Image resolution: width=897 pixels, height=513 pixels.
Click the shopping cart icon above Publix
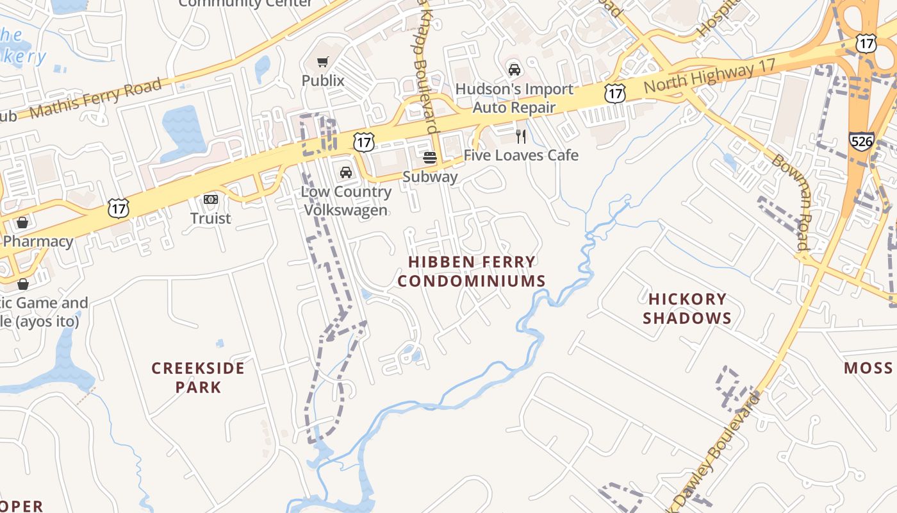[323, 62]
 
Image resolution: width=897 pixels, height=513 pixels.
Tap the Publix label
[323, 81]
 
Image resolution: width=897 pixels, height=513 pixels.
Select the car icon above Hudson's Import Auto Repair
[514, 69]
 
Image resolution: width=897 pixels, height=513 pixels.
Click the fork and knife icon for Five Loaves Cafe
[521, 136]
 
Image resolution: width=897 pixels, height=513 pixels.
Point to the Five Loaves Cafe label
[521, 155]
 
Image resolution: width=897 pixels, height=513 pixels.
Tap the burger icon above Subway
[430, 157]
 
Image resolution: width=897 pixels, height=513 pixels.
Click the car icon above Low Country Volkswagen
[346, 172]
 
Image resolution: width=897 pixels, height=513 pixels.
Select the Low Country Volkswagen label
[346, 201]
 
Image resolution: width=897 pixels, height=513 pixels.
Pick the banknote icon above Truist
[211, 199]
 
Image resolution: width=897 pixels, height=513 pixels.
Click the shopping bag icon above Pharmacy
[22, 223]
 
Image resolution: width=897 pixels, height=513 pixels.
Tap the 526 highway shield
[862, 141]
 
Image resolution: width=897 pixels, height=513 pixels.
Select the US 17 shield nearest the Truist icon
[119, 208]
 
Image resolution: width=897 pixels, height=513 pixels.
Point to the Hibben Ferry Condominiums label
[472, 271]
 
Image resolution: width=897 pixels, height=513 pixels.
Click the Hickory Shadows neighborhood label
[687, 308]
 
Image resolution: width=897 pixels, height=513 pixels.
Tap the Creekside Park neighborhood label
[198, 377]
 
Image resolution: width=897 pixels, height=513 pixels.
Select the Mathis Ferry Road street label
[95, 99]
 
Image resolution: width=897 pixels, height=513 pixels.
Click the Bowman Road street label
[792, 201]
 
